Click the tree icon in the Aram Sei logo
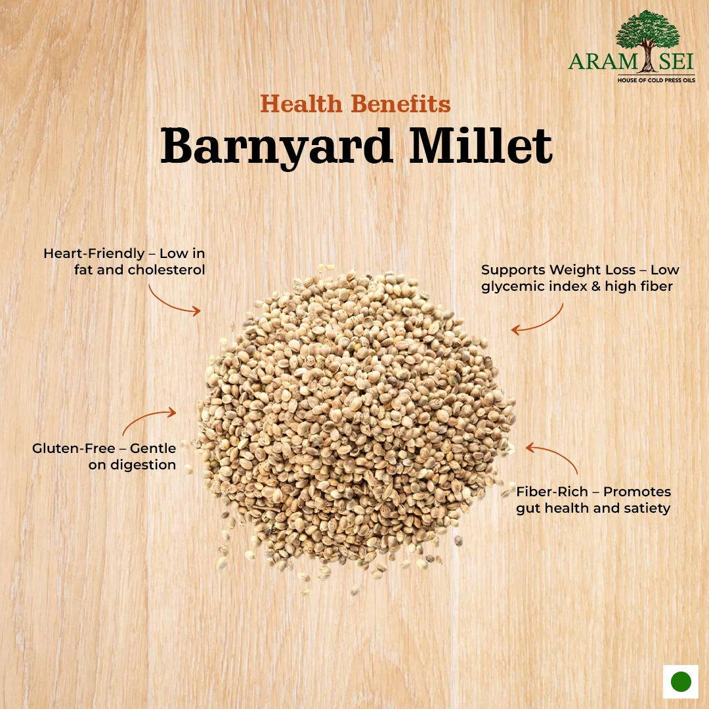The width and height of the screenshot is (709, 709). [647, 41]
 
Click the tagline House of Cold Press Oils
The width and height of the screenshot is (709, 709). [656, 80]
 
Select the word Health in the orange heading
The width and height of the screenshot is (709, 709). [301, 104]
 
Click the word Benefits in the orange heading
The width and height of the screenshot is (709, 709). [400, 104]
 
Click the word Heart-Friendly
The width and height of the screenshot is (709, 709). [94, 253]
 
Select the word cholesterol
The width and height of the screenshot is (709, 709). [166, 270]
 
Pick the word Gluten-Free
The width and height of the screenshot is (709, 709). [74, 448]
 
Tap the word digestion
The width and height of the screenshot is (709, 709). [143, 465]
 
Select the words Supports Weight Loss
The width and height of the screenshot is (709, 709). [558, 270]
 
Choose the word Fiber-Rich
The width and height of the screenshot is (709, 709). [552, 492]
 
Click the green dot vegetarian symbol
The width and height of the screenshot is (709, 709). [681, 681]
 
